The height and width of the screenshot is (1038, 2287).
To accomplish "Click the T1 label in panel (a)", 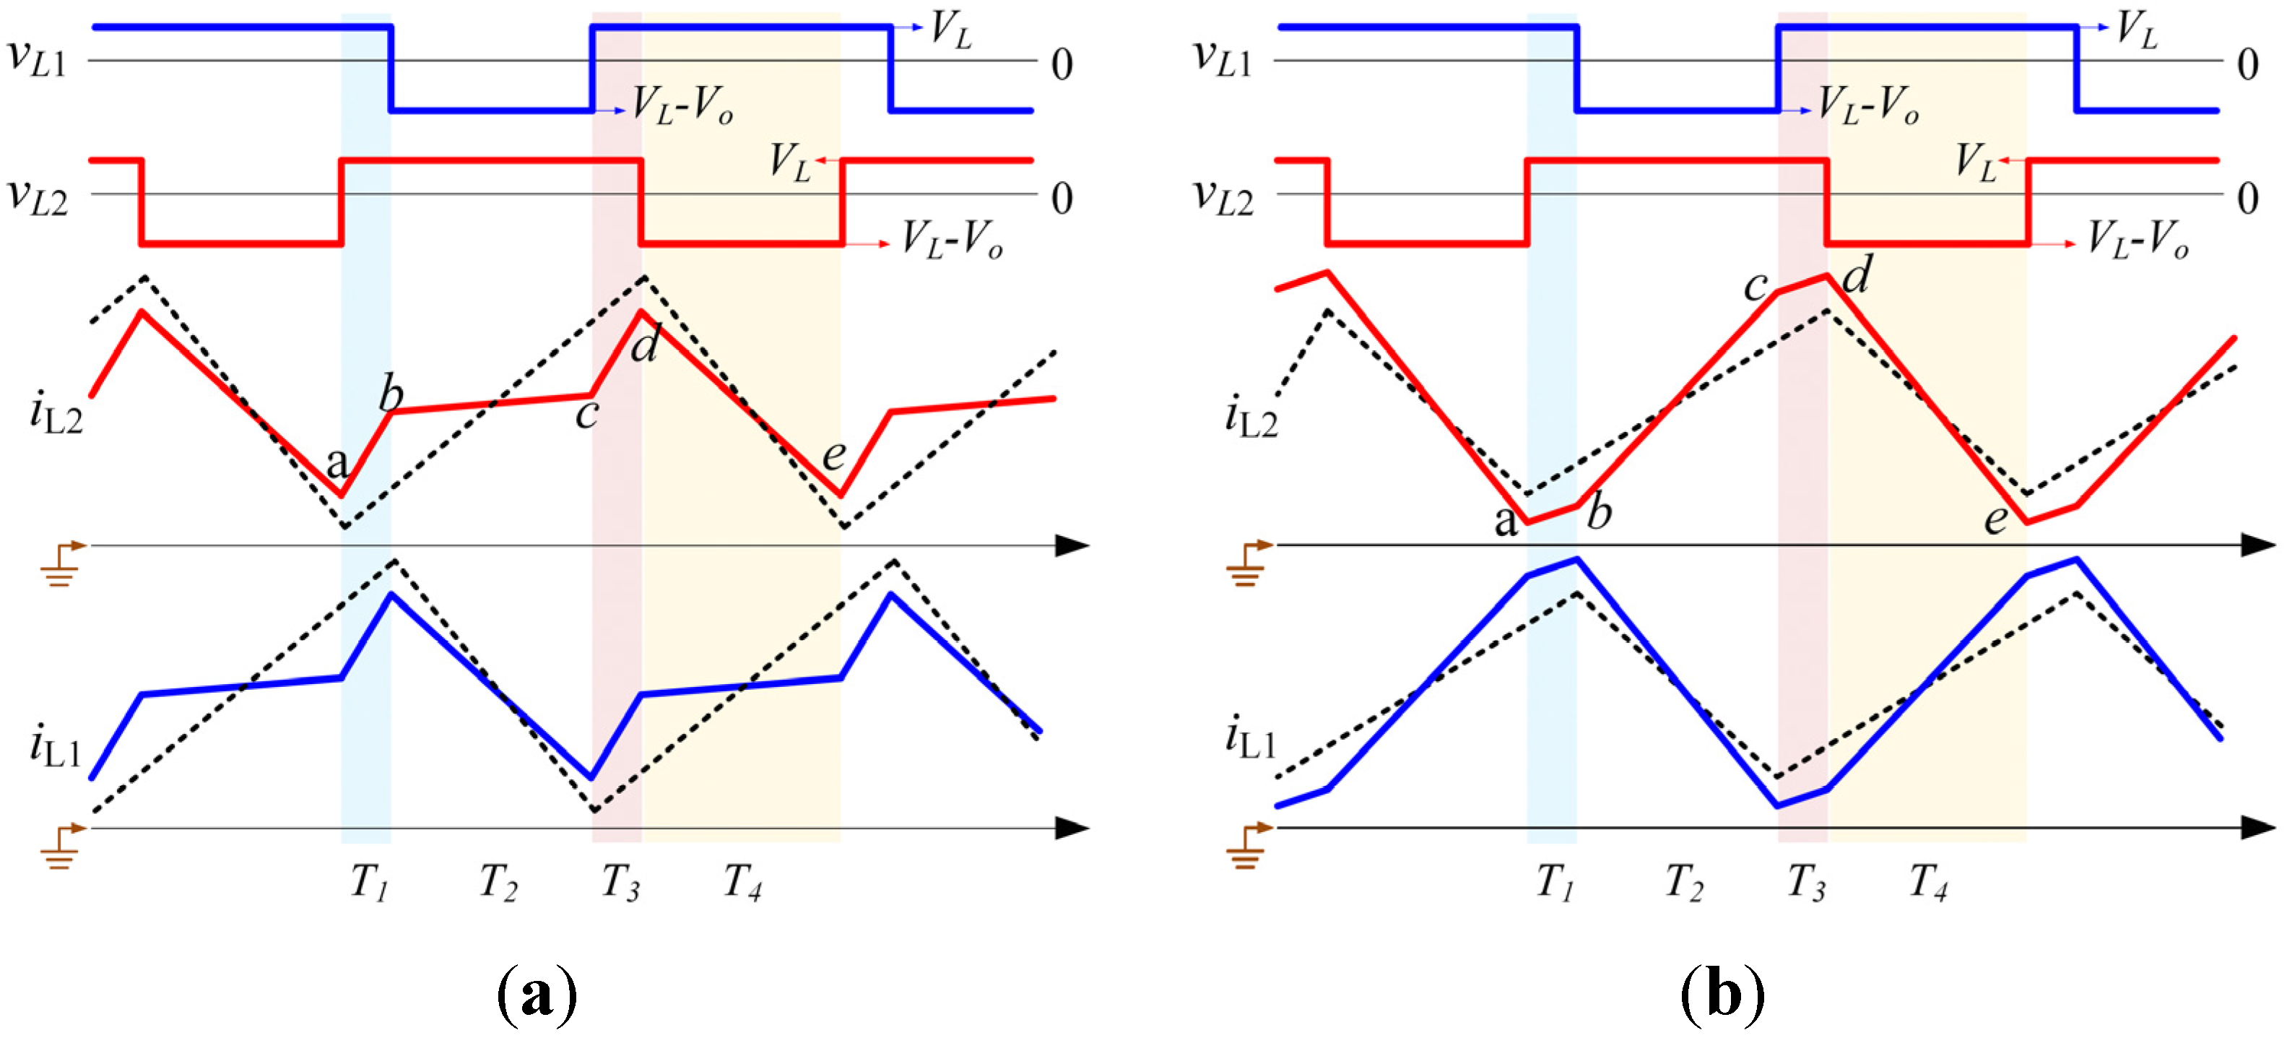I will [x=369, y=883].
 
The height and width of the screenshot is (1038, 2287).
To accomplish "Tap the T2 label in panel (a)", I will [x=498, y=883].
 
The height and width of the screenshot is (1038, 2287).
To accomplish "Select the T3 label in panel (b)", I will [x=1806, y=883].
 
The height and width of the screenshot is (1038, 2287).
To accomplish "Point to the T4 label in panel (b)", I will [x=1928, y=883].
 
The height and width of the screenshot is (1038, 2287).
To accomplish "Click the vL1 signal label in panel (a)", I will [x=38, y=59].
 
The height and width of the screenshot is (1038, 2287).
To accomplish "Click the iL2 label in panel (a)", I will [x=56, y=415].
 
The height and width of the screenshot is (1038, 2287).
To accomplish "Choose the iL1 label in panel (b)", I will [x=1251, y=739].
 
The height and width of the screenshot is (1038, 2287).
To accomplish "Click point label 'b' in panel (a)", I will [x=391, y=394].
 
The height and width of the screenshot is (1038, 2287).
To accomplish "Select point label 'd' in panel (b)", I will [x=1857, y=275].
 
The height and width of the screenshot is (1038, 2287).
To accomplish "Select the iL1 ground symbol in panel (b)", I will [x=1247, y=846].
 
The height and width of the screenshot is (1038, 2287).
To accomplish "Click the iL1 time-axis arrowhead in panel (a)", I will [x=1072, y=829].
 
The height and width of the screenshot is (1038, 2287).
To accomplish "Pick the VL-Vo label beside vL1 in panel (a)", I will [x=682, y=107].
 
